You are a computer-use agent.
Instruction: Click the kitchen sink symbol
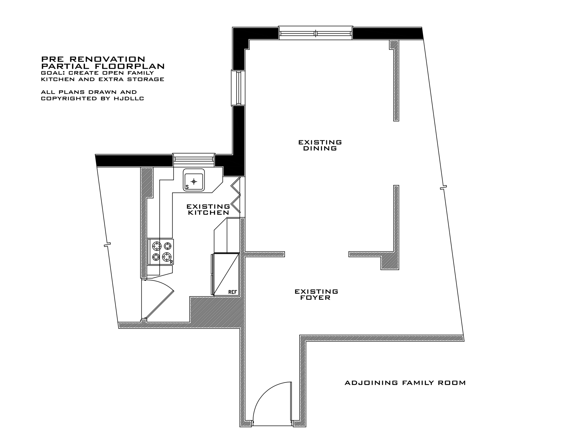tap(194, 180)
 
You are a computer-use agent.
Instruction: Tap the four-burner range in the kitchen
tap(160, 252)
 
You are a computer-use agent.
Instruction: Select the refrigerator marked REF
tap(225, 274)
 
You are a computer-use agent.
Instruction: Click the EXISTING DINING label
tap(320, 145)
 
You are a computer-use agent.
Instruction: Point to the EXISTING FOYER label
tap(316, 295)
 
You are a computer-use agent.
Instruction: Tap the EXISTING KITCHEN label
tap(208, 209)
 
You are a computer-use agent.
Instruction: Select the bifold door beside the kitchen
tap(236, 195)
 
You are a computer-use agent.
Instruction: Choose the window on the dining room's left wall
tap(238, 88)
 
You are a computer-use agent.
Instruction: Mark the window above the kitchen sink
tap(194, 160)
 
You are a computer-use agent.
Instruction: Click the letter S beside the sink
tap(187, 187)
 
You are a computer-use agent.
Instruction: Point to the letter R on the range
tap(172, 262)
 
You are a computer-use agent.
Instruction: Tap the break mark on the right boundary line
tap(443, 187)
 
